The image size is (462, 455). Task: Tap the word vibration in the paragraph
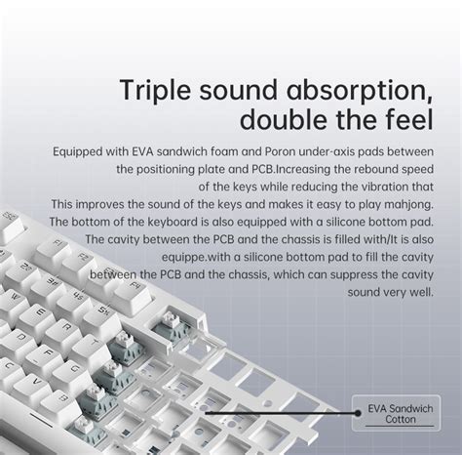coord(373,186)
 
